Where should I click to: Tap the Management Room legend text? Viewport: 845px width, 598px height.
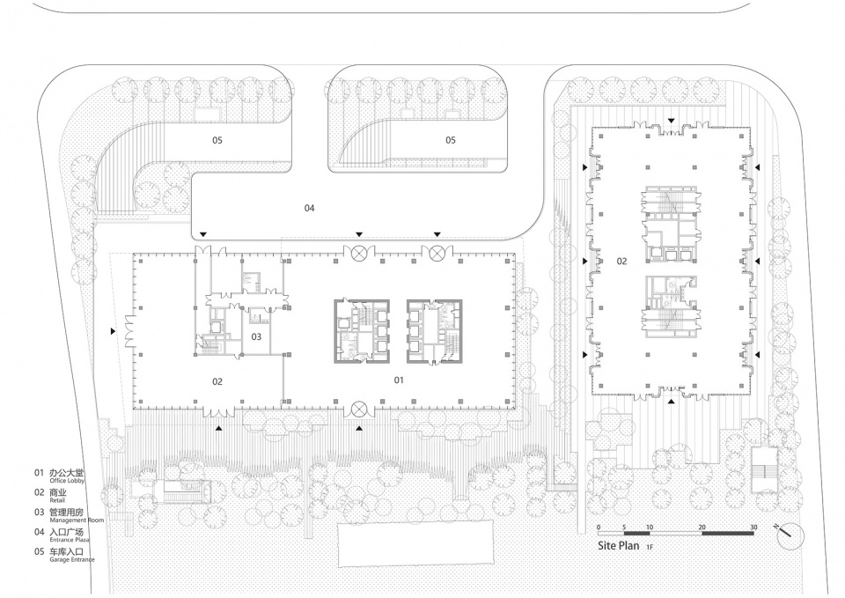[x=69, y=515]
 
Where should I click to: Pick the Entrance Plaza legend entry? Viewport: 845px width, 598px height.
[x=62, y=535]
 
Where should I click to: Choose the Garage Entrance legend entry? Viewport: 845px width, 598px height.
[x=63, y=555]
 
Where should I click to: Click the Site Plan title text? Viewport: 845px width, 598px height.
[x=618, y=545]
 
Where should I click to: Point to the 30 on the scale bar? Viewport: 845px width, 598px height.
[x=753, y=528]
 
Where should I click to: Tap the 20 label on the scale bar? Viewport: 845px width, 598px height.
[x=702, y=528]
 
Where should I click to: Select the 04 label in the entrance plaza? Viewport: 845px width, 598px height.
[x=309, y=208]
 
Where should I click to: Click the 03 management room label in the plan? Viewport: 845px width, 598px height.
[x=256, y=336]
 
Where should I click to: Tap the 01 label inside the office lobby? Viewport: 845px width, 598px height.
[x=398, y=380]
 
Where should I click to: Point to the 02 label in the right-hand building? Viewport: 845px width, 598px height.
[x=622, y=261]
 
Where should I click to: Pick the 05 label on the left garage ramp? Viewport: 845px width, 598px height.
[x=217, y=140]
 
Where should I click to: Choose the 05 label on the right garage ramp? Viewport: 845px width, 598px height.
[x=451, y=140]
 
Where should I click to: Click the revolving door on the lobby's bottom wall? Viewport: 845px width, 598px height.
[x=358, y=410]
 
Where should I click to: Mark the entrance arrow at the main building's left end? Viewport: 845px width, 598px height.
[x=113, y=331]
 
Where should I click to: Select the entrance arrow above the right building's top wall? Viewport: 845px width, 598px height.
[x=671, y=121]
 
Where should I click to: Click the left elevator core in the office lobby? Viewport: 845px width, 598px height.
[x=361, y=330]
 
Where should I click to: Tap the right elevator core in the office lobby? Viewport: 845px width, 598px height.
[x=435, y=330]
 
